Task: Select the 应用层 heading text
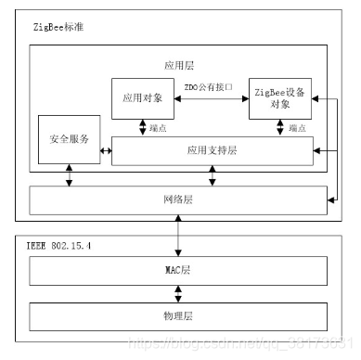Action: click(177, 67)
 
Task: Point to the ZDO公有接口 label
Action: click(210, 86)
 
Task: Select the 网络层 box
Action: click(180, 199)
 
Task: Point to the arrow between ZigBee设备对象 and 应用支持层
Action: click(280, 127)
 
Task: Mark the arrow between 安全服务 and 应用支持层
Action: click(105, 149)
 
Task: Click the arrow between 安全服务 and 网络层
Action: click(69, 175)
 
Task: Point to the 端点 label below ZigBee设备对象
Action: click(297, 127)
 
